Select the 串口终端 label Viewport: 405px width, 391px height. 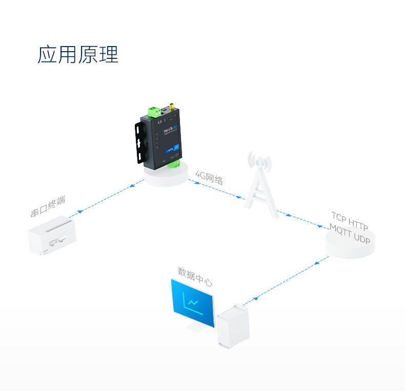tap(48, 206)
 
